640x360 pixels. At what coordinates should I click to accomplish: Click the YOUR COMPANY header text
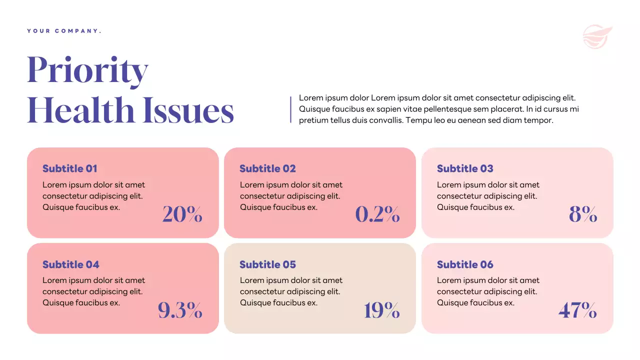[64, 31]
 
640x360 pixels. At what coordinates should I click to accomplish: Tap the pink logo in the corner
[597, 37]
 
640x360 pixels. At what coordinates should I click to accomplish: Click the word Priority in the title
[87, 70]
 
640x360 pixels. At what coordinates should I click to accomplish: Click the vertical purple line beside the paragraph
[290, 109]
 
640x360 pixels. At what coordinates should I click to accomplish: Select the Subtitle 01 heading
[70, 168]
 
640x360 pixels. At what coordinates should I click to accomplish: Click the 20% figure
[182, 214]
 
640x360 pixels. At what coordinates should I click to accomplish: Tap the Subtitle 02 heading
[267, 168]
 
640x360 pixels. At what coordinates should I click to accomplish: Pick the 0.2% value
[377, 214]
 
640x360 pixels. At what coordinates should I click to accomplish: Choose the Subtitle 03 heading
[465, 168]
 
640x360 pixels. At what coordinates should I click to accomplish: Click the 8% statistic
[583, 214]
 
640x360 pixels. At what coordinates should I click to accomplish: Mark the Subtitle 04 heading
[71, 264]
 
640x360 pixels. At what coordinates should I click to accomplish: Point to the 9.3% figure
[180, 310]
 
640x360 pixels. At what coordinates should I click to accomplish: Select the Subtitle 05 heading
[267, 264]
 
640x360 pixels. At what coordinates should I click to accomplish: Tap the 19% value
[381, 310]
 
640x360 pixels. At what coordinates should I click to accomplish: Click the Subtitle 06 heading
[465, 264]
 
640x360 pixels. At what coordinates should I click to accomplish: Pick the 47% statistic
[577, 310]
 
